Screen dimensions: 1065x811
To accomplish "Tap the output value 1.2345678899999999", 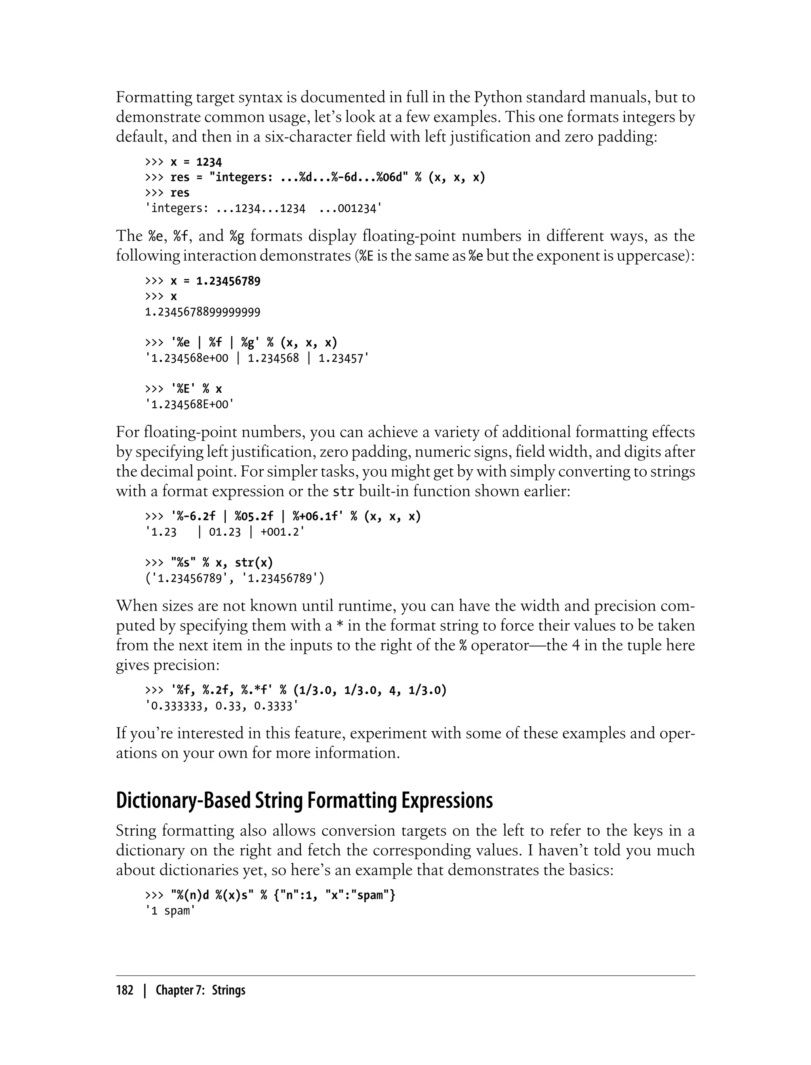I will click(x=202, y=312).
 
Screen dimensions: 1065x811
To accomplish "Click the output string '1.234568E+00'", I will click(x=189, y=404).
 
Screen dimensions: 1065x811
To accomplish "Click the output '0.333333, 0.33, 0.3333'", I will click(x=222, y=706).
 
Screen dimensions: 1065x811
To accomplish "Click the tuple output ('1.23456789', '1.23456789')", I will click(x=234, y=578).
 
